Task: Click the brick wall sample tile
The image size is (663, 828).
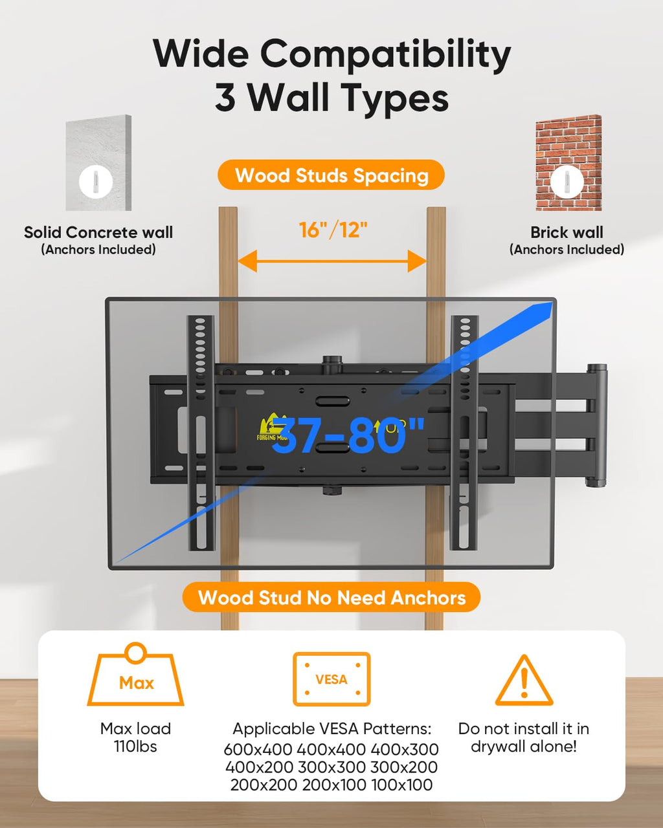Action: (568, 162)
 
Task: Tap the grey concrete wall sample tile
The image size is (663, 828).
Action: (98, 162)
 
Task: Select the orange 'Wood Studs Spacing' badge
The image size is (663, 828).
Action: (331, 175)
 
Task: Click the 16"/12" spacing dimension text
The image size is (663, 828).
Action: (333, 230)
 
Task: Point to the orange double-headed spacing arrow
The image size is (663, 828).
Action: (332, 262)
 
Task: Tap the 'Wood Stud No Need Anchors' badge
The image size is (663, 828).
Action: (331, 597)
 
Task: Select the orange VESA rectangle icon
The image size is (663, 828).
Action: (331, 679)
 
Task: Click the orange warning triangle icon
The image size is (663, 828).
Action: (524, 681)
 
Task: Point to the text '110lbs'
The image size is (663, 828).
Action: (135, 746)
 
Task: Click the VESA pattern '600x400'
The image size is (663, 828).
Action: (258, 750)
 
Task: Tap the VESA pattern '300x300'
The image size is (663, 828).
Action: (331, 768)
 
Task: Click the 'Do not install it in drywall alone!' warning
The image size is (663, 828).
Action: (524, 737)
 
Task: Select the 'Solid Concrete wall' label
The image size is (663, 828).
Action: (98, 232)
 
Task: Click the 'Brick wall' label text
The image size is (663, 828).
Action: (567, 232)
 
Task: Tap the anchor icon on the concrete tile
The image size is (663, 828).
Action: (96, 182)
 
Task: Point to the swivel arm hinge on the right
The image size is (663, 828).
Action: (596, 425)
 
